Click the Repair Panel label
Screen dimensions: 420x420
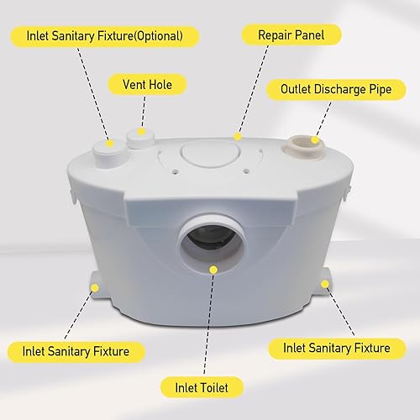pyautogui.click(x=291, y=35)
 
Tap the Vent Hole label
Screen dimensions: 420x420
pyautogui.click(x=147, y=85)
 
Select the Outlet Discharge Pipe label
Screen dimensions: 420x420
pyautogui.click(x=336, y=89)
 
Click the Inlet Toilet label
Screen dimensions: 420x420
pyautogui.click(x=202, y=388)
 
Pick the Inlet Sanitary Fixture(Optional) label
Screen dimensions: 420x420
pyautogui.click(x=105, y=36)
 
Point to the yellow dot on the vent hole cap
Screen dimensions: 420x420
pyautogui.click(x=142, y=131)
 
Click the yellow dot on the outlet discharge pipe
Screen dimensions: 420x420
pyautogui.click(x=315, y=140)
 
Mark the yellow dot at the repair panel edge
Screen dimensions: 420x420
pyautogui.click(x=238, y=137)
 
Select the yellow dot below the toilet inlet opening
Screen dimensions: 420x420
pyautogui.click(x=213, y=270)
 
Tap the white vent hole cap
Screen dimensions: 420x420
pyautogui.click(x=140, y=138)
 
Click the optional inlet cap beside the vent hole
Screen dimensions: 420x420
pyautogui.click(x=109, y=154)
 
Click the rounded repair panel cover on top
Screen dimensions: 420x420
pyautogui.click(x=211, y=154)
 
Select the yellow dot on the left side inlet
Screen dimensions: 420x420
pyautogui.click(x=95, y=288)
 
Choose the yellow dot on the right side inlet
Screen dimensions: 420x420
pyautogui.click(x=325, y=284)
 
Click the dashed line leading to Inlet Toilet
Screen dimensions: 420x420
pyautogui.click(x=208, y=324)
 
